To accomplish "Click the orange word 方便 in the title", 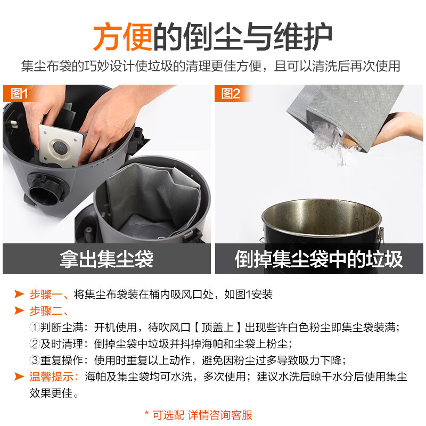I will point(123,36).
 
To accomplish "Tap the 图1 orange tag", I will point(19,94).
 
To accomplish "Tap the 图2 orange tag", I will point(231,94).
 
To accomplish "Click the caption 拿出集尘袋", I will point(106,259).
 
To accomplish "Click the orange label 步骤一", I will point(48,294).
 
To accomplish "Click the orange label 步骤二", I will point(48,310).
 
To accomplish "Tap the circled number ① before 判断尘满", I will point(34,327).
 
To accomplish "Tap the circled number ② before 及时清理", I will point(34,343).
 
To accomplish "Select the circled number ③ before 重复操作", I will point(34,360).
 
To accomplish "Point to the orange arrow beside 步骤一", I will point(19,294).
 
